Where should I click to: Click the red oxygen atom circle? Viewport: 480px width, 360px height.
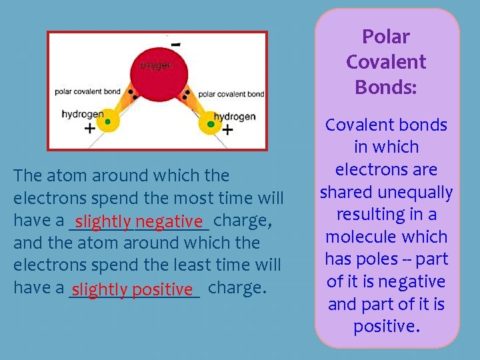pos(159,73)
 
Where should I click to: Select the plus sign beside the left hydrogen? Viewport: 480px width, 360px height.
pos(89,129)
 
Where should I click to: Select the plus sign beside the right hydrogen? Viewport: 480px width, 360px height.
pos(228,129)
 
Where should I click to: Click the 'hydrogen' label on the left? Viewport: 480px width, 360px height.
pos(83,114)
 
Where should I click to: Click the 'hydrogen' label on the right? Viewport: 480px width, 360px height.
pos(235,117)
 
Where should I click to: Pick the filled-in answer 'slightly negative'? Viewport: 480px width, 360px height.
pos(139,221)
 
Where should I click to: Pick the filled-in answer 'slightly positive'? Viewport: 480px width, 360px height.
pos(133,289)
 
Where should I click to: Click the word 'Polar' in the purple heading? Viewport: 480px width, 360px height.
pos(386,37)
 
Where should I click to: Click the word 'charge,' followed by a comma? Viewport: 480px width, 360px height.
pos(242,221)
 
